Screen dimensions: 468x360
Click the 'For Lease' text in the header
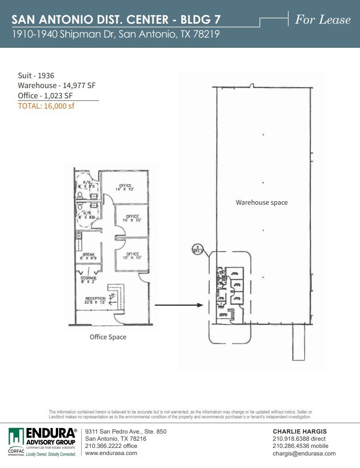(x=322, y=20)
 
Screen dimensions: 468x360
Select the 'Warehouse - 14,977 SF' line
(x=57, y=85)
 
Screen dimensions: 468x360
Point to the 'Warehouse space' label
(x=262, y=202)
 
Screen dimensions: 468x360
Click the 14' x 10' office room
(x=125, y=187)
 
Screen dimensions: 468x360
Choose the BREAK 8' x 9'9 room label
(x=88, y=256)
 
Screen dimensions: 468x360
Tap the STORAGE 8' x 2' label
(x=88, y=280)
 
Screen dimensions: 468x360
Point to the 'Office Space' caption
(x=108, y=337)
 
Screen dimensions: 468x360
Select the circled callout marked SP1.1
(x=196, y=249)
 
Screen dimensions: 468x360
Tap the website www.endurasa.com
(x=111, y=453)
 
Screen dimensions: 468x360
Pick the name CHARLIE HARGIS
(x=300, y=431)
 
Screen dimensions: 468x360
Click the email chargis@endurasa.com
(x=304, y=453)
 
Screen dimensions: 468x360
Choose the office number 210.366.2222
(x=111, y=446)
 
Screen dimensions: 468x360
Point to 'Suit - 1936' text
(x=36, y=76)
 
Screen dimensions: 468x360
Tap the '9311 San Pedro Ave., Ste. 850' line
(x=126, y=431)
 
